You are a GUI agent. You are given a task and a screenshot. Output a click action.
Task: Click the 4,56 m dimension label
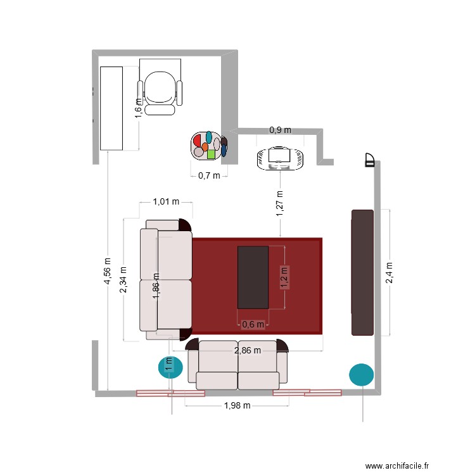(x=108, y=273)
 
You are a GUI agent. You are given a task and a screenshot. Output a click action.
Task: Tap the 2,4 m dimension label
(x=389, y=273)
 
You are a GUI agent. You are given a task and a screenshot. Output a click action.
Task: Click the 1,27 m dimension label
(x=279, y=205)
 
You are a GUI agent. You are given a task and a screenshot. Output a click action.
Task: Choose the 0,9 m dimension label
(x=280, y=130)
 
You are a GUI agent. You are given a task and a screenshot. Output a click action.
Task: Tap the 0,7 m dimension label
(x=209, y=176)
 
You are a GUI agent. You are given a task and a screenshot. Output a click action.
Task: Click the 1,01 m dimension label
(x=166, y=202)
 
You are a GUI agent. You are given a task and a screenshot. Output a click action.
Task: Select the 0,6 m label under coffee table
(x=253, y=324)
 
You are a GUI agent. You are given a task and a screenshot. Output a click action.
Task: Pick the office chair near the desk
(x=160, y=89)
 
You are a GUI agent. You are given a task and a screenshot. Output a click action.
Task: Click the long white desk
(x=111, y=108)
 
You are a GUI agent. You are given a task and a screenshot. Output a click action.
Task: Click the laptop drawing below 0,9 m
(x=279, y=158)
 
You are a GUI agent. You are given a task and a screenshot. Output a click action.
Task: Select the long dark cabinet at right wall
(x=362, y=272)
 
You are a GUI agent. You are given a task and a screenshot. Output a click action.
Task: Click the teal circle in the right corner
(x=362, y=374)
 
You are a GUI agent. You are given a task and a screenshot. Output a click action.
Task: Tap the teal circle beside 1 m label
(x=170, y=367)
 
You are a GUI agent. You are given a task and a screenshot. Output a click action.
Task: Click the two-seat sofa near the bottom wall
(x=237, y=365)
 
